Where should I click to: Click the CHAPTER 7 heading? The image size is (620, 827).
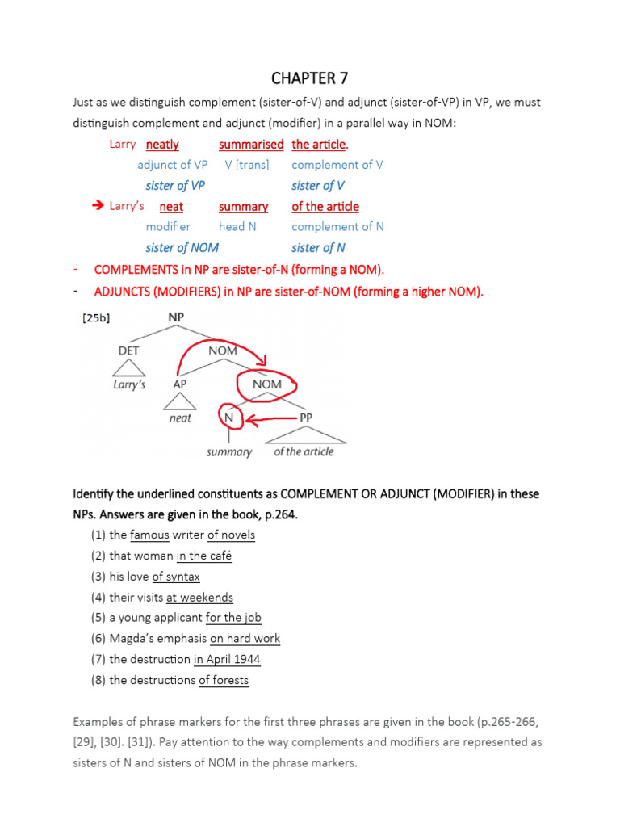pyautogui.click(x=310, y=78)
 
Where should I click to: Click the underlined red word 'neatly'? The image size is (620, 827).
pyautogui.click(x=162, y=145)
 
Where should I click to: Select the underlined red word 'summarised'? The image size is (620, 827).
pyautogui.click(x=251, y=145)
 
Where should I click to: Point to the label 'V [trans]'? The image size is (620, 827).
pyautogui.click(x=247, y=165)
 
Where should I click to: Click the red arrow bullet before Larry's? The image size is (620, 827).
pyautogui.click(x=100, y=206)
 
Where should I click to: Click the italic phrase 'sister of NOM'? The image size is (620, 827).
pyautogui.click(x=182, y=248)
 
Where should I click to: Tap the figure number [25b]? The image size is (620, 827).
pyautogui.click(x=96, y=318)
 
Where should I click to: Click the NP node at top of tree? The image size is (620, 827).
pyautogui.click(x=175, y=317)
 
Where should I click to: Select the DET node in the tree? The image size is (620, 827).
pyautogui.click(x=128, y=351)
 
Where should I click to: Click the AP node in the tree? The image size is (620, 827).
pyautogui.click(x=180, y=384)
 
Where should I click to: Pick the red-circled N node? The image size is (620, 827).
pyautogui.click(x=228, y=418)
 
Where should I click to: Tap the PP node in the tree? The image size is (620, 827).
pyautogui.click(x=307, y=418)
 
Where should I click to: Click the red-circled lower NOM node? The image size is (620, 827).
pyautogui.click(x=266, y=384)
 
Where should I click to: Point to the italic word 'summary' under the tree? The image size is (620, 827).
pyautogui.click(x=229, y=452)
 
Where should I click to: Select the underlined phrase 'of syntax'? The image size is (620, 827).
pyautogui.click(x=176, y=577)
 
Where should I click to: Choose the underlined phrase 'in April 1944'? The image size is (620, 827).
pyautogui.click(x=227, y=659)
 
